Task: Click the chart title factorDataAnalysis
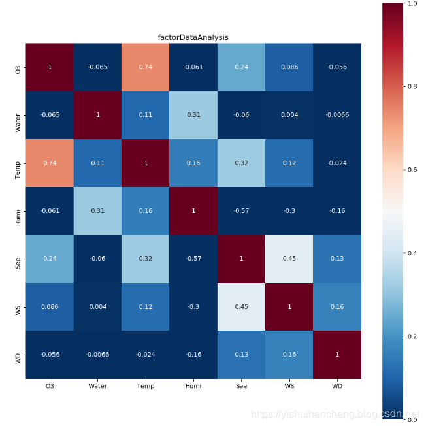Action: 193,37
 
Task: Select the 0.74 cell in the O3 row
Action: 145,67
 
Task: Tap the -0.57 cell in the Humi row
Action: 241,211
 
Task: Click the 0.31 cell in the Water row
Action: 193,115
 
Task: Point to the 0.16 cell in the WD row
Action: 289,355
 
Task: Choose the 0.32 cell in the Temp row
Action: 241,163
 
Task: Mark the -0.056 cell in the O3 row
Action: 337,67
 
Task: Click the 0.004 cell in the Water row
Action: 289,115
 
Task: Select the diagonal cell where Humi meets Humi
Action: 193,211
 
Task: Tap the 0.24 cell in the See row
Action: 50,259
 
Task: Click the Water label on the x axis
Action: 97,387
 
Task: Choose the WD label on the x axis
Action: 337,387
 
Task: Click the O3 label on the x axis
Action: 50,387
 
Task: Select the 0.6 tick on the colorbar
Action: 412,170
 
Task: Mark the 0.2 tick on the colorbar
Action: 412,336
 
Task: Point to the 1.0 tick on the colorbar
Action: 412,4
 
